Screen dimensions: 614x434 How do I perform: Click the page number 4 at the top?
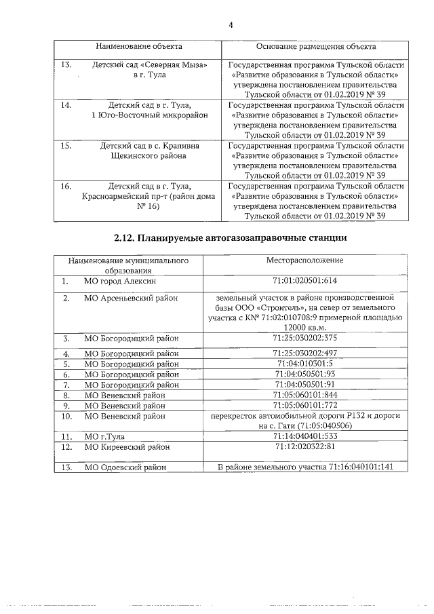tap(231, 25)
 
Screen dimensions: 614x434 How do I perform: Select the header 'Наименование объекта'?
tap(139, 47)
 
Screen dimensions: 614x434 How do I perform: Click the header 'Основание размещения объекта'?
tap(316, 47)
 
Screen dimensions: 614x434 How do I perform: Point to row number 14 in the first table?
tap(66, 105)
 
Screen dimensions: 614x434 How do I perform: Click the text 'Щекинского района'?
tap(139, 155)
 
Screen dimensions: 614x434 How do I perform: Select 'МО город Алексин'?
tap(120, 281)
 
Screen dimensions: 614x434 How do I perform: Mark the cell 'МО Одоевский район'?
tap(125, 467)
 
